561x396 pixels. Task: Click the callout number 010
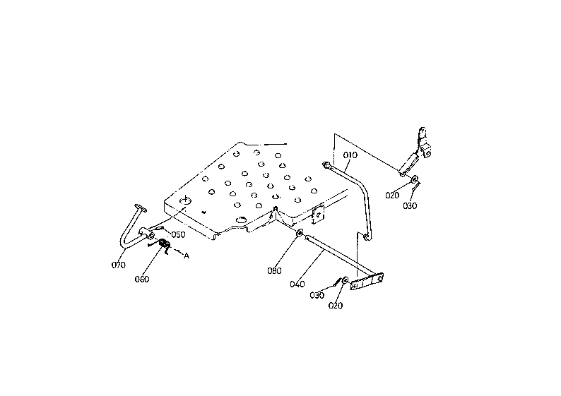point(350,155)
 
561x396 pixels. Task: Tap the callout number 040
point(297,284)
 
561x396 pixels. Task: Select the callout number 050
point(178,235)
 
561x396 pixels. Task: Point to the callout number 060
point(142,279)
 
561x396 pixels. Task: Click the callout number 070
point(119,265)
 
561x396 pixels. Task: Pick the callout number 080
point(274,271)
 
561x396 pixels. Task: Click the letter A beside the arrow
point(187,256)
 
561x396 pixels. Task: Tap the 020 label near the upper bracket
point(392,196)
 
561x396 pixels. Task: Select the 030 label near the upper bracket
point(410,206)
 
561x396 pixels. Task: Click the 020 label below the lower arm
point(335,306)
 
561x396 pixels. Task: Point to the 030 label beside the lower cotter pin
point(317,295)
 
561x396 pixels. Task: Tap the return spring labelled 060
point(164,245)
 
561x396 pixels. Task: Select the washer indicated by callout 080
point(300,233)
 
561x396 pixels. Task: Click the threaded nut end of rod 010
point(326,165)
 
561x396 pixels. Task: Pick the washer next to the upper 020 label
point(415,178)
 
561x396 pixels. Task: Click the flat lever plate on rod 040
point(367,281)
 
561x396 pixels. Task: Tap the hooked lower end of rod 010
point(367,236)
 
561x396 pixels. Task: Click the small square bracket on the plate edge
point(318,215)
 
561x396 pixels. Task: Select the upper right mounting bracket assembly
point(415,152)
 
